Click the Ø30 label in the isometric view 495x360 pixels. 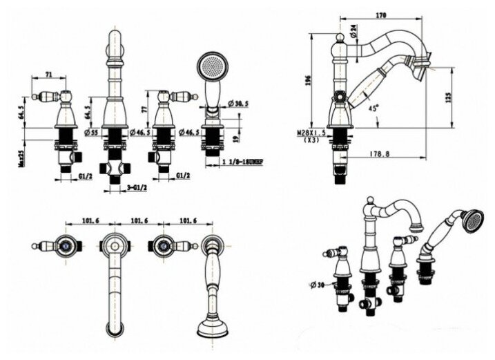[318, 284]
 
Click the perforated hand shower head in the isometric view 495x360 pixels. [472, 221]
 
